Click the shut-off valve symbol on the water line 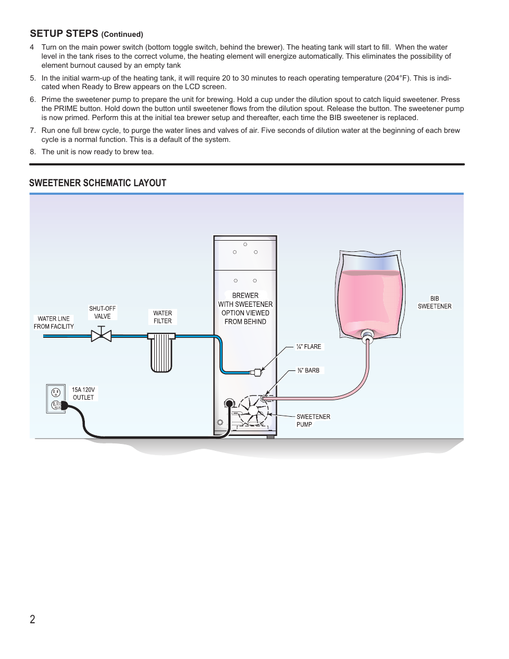coord(101,336)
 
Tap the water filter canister coord(161,353)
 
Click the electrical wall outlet coord(55,399)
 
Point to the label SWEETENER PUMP coord(313,420)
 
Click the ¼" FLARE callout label coord(309,347)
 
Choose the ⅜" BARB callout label coord(309,370)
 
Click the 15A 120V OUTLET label coord(83,394)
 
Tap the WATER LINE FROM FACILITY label coord(54,323)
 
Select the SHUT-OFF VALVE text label coord(102,312)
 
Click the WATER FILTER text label coord(163,317)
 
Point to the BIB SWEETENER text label coord(434,303)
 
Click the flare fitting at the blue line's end coord(257,372)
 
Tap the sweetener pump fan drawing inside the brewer coord(253,410)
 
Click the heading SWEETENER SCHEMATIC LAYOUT coord(98,183)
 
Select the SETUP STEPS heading coord(64,34)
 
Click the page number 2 coord(33,619)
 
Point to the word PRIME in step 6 coord(66,108)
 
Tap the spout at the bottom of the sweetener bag coord(368,336)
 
